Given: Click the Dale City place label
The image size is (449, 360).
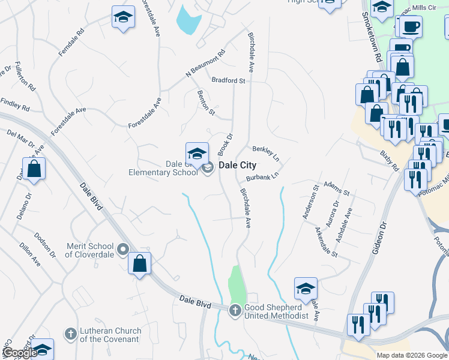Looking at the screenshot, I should [x=237, y=166].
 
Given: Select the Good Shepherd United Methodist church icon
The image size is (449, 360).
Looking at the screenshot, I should [x=235, y=310].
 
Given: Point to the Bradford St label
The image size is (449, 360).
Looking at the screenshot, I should [x=228, y=80].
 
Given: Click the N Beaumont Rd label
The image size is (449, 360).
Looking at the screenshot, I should [x=205, y=63].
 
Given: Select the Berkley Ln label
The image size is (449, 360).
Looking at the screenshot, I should [x=266, y=153].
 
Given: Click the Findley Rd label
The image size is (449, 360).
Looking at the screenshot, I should [x=15, y=104].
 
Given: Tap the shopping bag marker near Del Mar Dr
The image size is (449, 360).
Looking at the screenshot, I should [x=35, y=169].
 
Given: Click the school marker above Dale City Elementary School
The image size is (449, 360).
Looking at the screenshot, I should [x=197, y=154].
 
